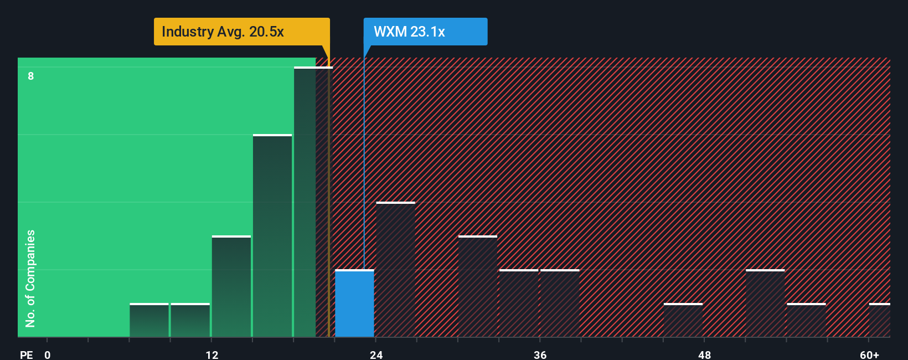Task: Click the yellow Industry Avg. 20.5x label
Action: (x=241, y=32)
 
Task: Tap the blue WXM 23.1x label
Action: (x=425, y=32)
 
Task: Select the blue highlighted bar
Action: (x=355, y=304)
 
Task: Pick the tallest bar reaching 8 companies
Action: (x=313, y=202)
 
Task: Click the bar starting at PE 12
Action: (x=231, y=286)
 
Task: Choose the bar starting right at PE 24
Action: (x=396, y=270)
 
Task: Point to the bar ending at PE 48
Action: (x=683, y=320)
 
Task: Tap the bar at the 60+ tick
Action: (x=880, y=320)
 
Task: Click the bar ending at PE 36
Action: (x=519, y=304)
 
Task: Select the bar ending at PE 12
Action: (x=190, y=320)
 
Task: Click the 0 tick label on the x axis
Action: (x=48, y=355)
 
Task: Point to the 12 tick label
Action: (x=212, y=355)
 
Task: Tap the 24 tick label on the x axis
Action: (x=376, y=355)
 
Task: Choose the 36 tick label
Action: (x=540, y=355)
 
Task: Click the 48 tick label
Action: (x=704, y=355)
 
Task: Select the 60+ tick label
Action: (x=869, y=355)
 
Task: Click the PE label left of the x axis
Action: (x=27, y=355)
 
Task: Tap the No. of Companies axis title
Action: (x=30, y=279)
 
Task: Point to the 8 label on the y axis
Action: (x=31, y=76)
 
